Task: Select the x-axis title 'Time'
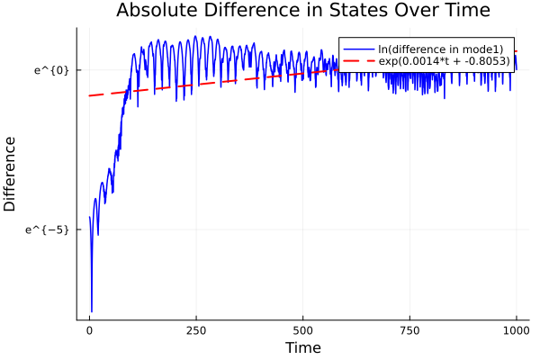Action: pos(302,347)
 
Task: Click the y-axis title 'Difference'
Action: pos(11,174)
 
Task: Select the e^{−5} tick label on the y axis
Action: pos(50,229)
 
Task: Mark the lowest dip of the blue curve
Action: pos(92,311)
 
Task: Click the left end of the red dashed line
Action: pos(89,95)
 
